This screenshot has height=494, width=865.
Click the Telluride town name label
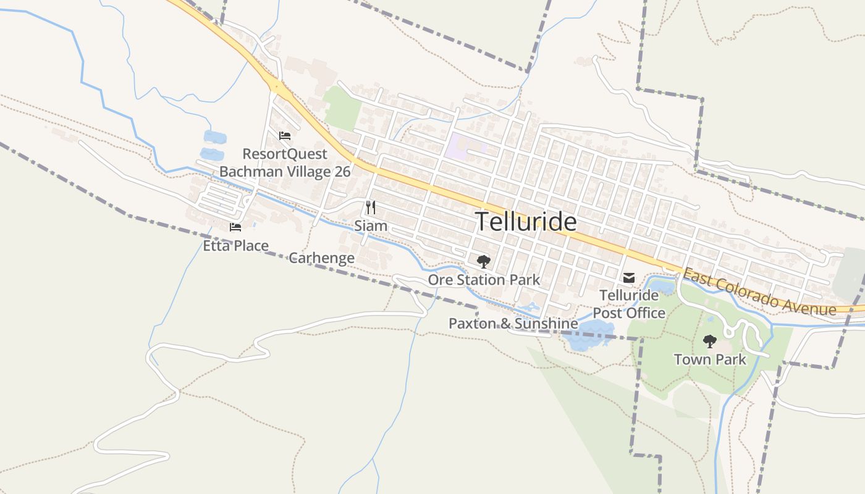click(x=526, y=222)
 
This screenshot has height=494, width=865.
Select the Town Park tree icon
click(x=710, y=340)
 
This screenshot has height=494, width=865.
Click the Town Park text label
click(x=710, y=359)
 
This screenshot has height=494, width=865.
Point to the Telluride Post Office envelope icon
click(x=629, y=278)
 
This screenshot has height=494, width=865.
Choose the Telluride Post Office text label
click(x=629, y=304)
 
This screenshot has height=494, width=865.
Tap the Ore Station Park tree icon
click(x=483, y=262)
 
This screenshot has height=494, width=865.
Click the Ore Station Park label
click(x=484, y=280)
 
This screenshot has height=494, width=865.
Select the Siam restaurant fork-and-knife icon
click(x=371, y=207)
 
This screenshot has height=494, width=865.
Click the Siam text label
click(x=371, y=226)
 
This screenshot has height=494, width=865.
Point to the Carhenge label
click(x=321, y=258)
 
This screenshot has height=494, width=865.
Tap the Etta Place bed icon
click(x=235, y=227)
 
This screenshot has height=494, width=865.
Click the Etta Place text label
click(x=236, y=246)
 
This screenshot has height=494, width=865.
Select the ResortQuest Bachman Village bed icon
click(x=285, y=136)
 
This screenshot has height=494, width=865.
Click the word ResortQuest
click(x=285, y=154)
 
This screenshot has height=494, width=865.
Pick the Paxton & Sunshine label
click(x=513, y=324)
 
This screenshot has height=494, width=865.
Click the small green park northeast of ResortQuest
click(x=342, y=109)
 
